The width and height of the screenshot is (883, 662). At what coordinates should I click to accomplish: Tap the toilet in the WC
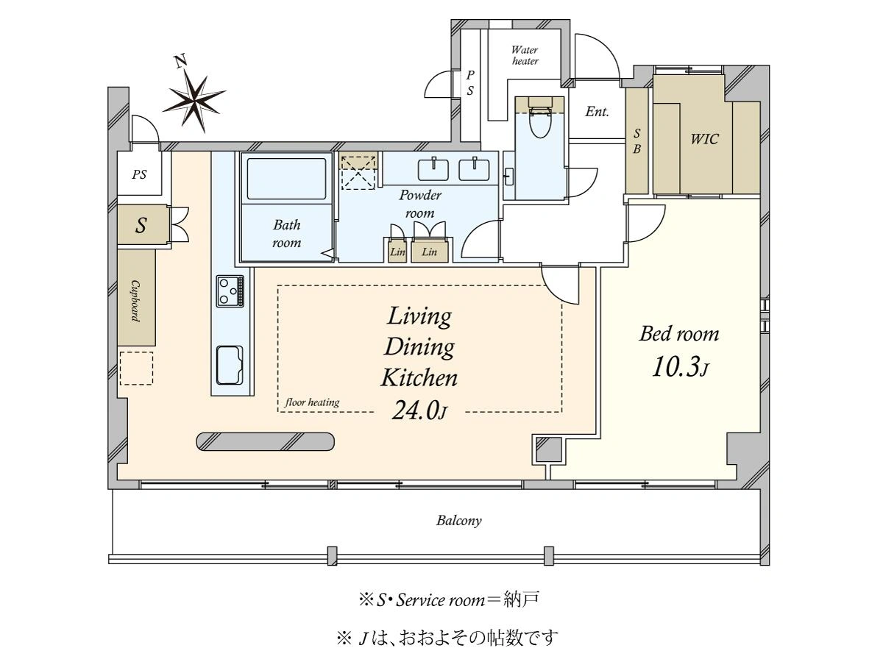540,119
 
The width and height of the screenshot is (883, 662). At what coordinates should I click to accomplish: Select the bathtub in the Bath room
286,179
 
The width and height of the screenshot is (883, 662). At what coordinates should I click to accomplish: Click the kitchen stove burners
230,291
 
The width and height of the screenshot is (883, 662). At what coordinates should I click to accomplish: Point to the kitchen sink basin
230,365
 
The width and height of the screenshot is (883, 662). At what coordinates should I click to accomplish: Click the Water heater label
525,55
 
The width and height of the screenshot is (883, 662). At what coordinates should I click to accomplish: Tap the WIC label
704,139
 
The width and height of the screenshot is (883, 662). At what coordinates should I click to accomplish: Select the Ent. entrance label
597,111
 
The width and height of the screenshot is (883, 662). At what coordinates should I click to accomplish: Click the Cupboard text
136,301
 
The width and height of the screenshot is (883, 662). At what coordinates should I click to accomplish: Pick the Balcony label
459,521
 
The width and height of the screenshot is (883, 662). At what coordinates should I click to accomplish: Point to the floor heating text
312,402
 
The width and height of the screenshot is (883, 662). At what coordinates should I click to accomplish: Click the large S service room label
141,225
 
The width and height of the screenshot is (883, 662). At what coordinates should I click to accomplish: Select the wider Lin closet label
430,252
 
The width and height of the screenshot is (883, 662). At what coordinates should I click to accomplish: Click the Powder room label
420,204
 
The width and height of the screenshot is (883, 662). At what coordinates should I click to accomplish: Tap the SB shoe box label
636,141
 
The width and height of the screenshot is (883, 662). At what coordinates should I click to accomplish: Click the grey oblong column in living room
265,442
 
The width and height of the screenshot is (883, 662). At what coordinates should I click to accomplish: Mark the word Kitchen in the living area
419,378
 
